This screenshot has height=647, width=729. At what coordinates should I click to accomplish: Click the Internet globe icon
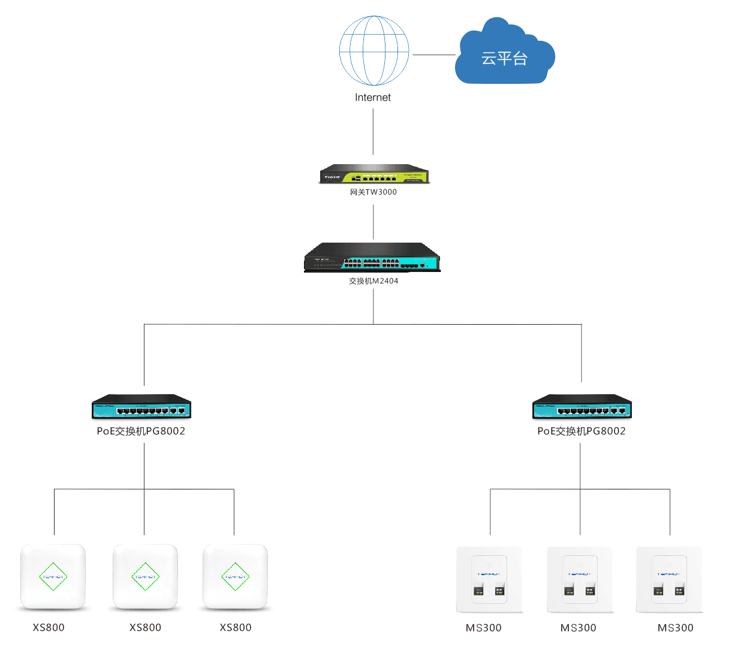coord(374,51)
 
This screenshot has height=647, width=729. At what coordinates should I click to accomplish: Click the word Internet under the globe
coord(372,98)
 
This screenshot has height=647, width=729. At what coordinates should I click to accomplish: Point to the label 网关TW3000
coord(373,192)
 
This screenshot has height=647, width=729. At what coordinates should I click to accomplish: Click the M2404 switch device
coord(372,258)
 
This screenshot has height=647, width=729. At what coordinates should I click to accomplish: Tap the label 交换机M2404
coord(373,281)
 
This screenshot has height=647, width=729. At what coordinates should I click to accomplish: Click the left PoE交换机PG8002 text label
coord(141,431)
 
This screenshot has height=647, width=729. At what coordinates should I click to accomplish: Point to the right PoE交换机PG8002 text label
coord(581,431)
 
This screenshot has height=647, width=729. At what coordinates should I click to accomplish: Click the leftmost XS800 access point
coord(53,576)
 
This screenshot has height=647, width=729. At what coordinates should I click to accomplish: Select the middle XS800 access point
coord(145,576)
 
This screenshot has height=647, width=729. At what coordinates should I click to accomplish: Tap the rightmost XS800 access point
coord(235,576)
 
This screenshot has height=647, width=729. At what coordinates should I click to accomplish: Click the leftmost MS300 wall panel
coord(489,579)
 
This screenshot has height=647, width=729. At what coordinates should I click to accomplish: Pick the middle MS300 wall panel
coord(580,579)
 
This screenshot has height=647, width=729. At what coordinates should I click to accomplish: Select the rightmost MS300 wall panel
coord(669,579)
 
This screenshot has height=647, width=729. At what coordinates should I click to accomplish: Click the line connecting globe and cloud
coord(434,55)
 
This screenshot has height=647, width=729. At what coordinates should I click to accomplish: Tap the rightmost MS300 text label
coord(675,628)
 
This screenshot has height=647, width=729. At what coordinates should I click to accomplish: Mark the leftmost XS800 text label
coord(49,628)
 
